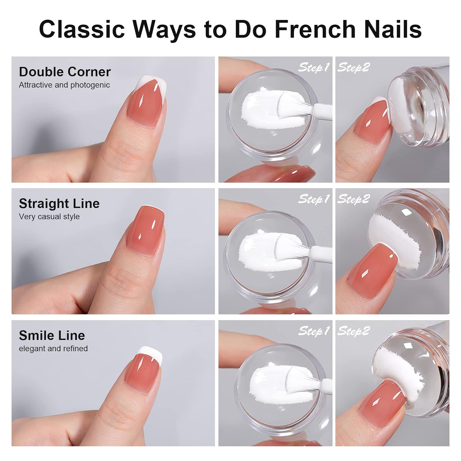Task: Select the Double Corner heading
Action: (x=65, y=72)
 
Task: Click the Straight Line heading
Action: (x=59, y=203)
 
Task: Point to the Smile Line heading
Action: (x=52, y=335)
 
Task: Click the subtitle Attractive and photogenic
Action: (x=64, y=85)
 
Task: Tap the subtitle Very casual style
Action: (x=49, y=217)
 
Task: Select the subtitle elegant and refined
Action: (x=53, y=349)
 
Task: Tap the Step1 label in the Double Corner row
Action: (x=314, y=67)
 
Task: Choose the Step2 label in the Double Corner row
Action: (x=353, y=67)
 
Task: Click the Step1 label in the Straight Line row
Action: (x=314, y=199)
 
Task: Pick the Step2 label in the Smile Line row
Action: (x=353, y=331)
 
